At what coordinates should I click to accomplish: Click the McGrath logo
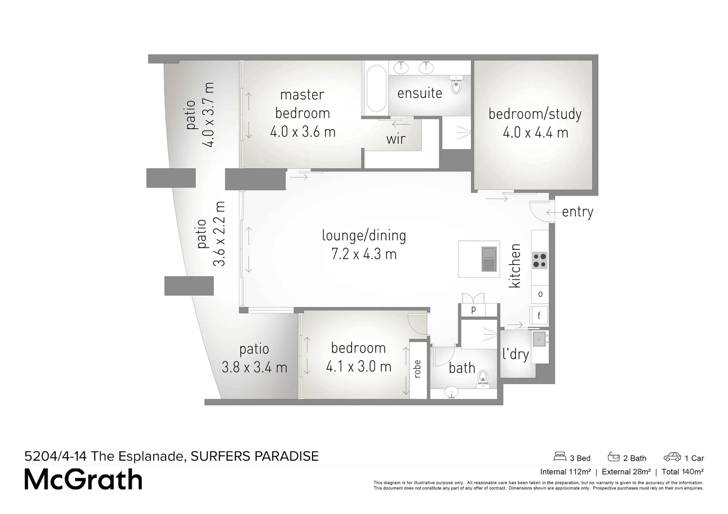click(x=83, y=480)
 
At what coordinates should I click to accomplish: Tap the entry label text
click(x=577, y=212)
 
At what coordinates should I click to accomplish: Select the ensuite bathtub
click(x=376, y=88)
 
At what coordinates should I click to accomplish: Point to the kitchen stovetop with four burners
click(x=539, y=260)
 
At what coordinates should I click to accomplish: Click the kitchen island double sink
click(x=489, y=258)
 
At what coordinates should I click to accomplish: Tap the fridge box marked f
click(x=539, y=316)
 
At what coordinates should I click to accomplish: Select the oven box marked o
click(x=540, y=294)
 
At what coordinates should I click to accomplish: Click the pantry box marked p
click(x=473, y=309)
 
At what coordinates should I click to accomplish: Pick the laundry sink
click(x=539, y=339)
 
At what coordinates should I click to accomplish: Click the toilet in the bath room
click(x=483, y=376)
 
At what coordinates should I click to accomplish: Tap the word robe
click(x=418, y=369)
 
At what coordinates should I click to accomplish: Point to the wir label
click(x=396, y=139)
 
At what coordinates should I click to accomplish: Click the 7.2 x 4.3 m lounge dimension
click(x=364, y=254)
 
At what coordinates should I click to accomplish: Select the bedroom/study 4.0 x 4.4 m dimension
click(x=535, y=132)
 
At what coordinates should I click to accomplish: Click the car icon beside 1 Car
click(x=672, y=457)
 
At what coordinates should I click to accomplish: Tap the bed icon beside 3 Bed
click(x=559, y=457)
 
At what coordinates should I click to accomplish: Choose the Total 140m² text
click(x=682, y=472)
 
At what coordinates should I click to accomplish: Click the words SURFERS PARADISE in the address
click(x=254, y=456)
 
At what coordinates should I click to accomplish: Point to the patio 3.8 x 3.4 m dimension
click(x=254, y=367)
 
